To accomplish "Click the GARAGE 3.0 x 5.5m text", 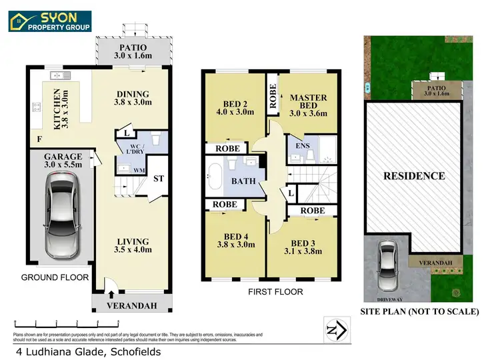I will (59, 158).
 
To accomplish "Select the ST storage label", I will (159, 179).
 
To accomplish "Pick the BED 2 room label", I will (231, 107).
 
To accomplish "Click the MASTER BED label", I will (308, 107).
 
